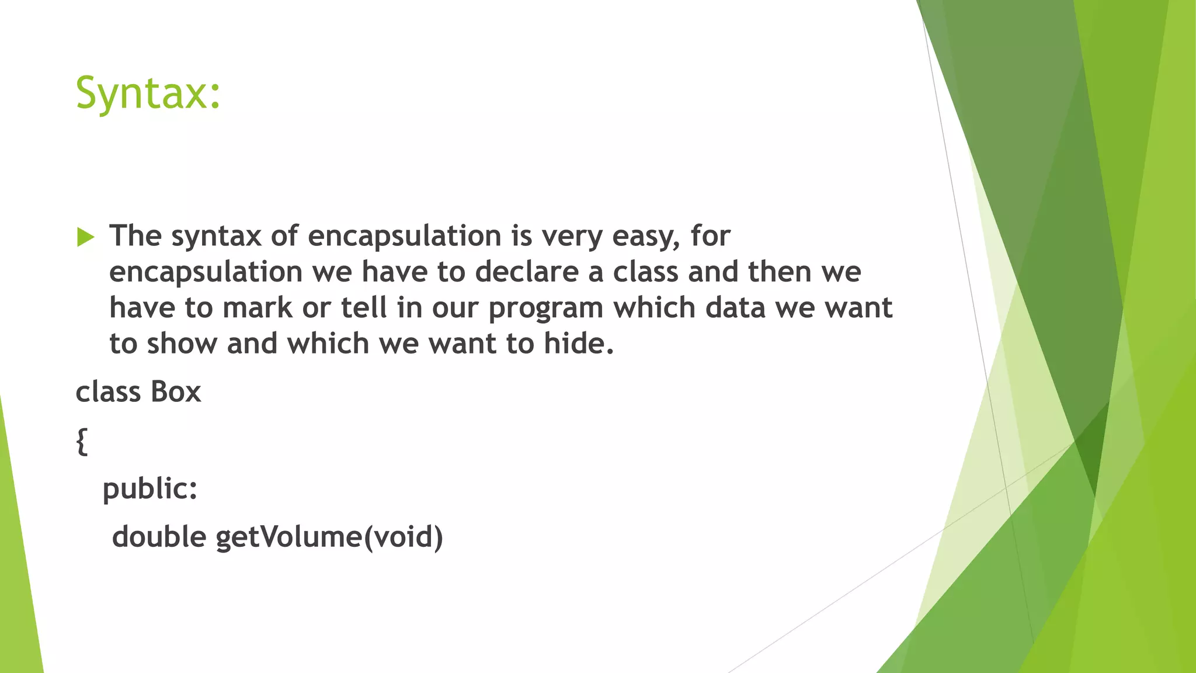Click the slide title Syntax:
tap(148, 93)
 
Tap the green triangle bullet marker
tap(85, 237)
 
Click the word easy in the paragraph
tap(645, 237)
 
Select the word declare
tap(526, 272)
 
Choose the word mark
tap(258, 308)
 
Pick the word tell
tap(364, 308)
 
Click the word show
tap(182, 344)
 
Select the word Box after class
tap(176, 392)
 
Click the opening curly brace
tap(82, 441)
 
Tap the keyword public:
tap(150, 489)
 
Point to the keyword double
tap(159, 537)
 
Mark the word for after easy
tap(710, 236)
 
